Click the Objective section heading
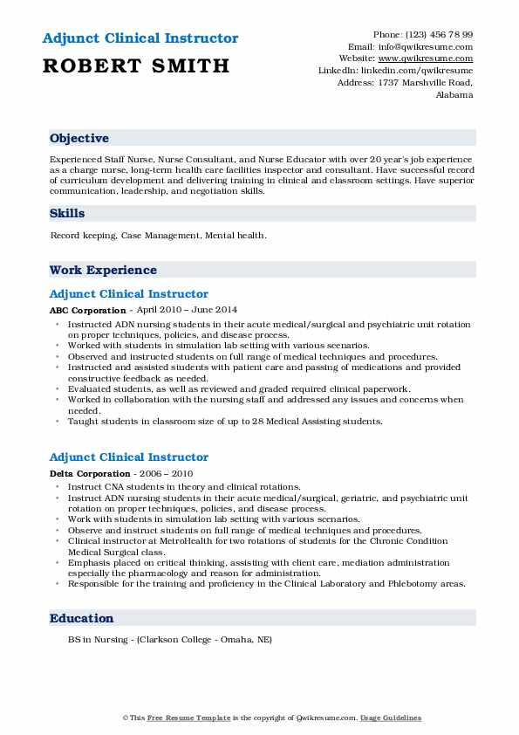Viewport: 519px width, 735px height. [x=79, y=139]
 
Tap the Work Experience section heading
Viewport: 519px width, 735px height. [x=103, y=271]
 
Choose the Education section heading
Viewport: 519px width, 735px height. [x=82, y=619]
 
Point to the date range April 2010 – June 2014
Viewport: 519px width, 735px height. [x=188, y=310]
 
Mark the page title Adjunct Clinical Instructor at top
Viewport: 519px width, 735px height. [x=139, y=38]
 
